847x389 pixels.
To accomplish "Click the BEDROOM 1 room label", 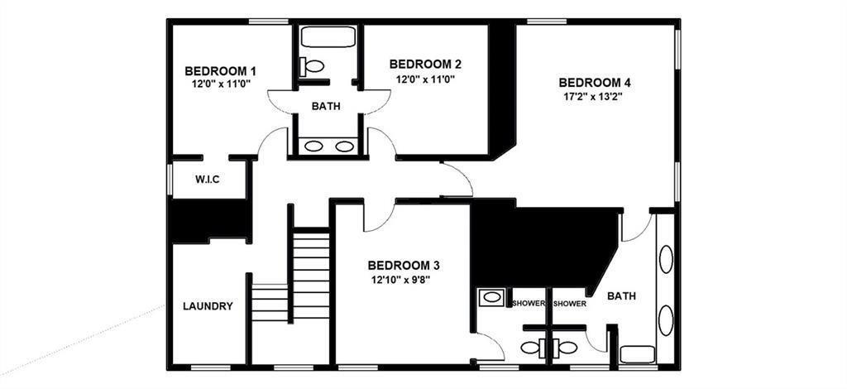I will [220, 70].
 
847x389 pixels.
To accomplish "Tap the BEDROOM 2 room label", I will [425, 64].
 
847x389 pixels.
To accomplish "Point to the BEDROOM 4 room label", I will [595, 82].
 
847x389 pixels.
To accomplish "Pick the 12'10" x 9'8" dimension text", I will [400, 280].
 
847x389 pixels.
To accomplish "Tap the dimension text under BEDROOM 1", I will [221, 84].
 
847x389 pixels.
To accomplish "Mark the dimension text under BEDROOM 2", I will [425, 79].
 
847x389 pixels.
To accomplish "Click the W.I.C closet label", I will [208, 180].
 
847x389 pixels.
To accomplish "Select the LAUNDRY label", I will [208, 306].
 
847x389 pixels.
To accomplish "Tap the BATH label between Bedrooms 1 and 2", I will [325, 106].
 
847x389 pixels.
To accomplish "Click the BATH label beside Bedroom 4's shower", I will [621, 296].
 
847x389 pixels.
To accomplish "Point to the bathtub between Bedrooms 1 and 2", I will [328, 37].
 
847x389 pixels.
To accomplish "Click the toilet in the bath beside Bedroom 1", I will [313, 65].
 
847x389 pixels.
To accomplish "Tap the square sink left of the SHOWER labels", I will [492, 296].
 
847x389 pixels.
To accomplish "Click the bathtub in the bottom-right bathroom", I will [637, 354].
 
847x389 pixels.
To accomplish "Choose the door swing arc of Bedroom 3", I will [379, 217].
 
